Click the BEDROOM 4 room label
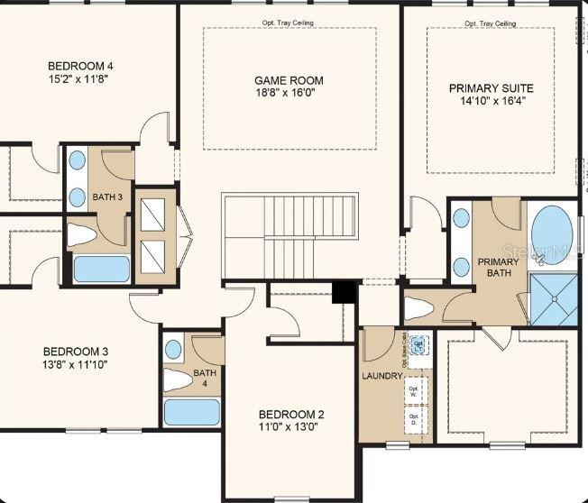tap(80, 66)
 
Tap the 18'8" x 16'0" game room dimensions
tap(288, 94)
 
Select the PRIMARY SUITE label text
tap(492, 88)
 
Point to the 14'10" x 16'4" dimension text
tap(492, 102)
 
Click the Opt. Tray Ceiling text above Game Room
tap(289, 23)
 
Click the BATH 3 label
tap(107, 197)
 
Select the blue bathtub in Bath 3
tap(100, 268)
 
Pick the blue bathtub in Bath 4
tap(191, 411)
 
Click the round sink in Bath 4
tap(174, 349)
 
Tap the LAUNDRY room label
tap(381, 376)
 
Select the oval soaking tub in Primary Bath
tap(551, 233)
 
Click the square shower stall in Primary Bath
tap(552, 297)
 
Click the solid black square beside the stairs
tap(344, 292)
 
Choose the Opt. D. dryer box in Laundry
tap(415, 417)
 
